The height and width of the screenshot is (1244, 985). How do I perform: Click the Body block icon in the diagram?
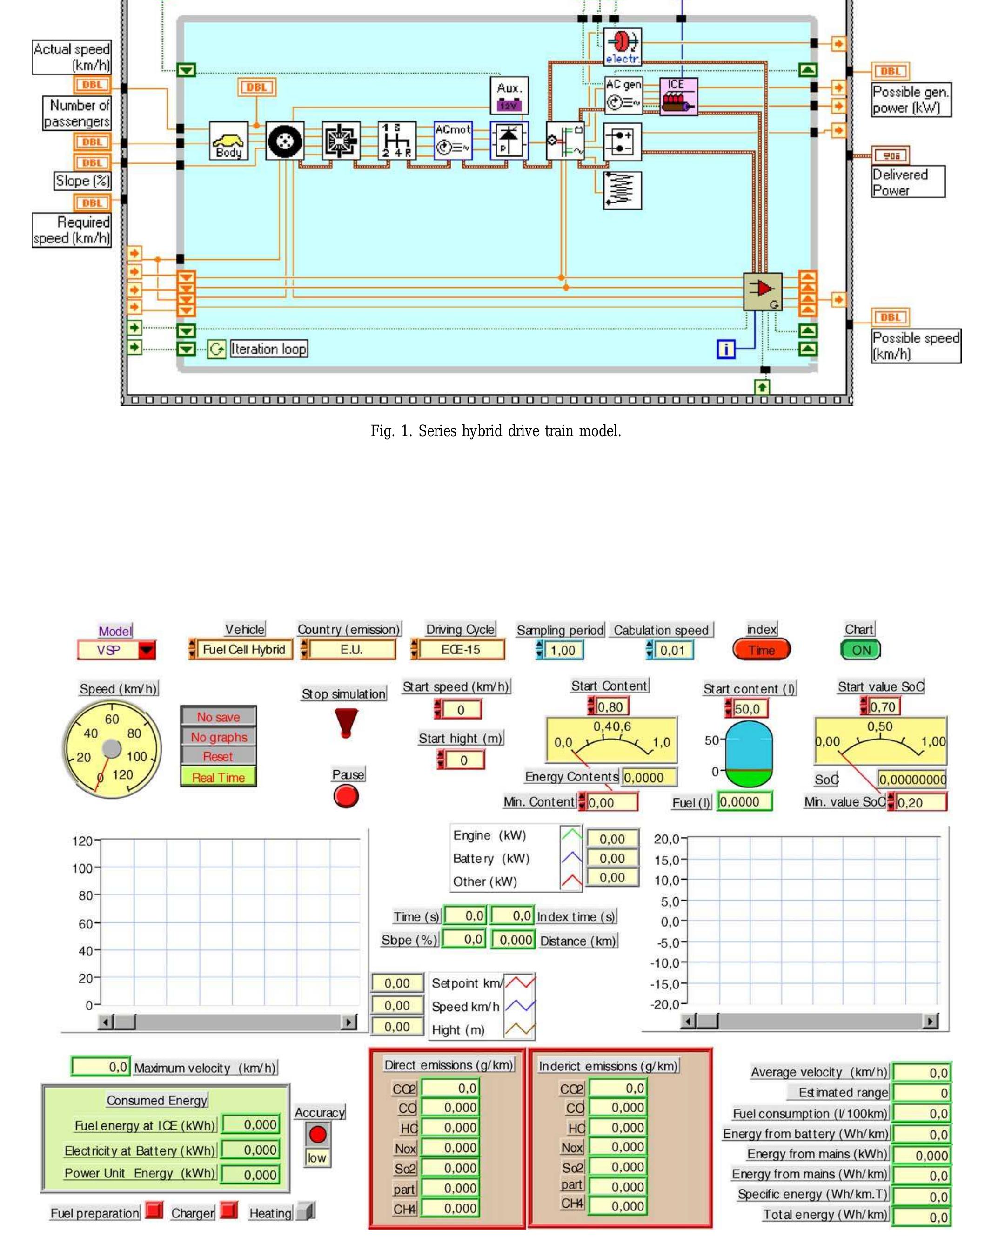pos(228,141)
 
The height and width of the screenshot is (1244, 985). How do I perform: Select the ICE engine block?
pos(678,96)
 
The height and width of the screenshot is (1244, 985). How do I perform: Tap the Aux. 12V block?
pos(509,96)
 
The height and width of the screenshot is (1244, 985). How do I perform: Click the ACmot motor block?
pos(453,140)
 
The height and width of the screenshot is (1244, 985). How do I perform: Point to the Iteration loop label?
pos(269,349)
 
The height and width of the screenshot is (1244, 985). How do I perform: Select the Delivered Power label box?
pos(908,182)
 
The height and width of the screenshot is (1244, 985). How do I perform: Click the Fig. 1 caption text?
pos(496,431)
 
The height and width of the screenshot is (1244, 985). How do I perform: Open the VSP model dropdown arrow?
pos(147,650)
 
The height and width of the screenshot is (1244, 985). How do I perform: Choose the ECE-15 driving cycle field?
pos(460,649)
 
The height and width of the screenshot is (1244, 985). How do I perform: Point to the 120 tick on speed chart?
pos(82,841)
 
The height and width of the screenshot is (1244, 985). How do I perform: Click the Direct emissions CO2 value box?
pos(450,1088)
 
